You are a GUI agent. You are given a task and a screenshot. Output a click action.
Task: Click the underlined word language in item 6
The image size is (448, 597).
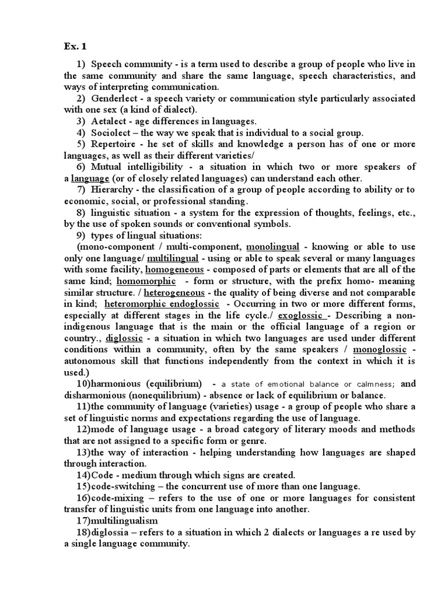pos(90,178)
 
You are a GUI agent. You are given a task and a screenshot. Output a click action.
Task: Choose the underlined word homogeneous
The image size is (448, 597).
pos(174,269)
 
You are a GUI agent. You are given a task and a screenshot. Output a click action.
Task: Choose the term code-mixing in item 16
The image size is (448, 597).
pos(116,498)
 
